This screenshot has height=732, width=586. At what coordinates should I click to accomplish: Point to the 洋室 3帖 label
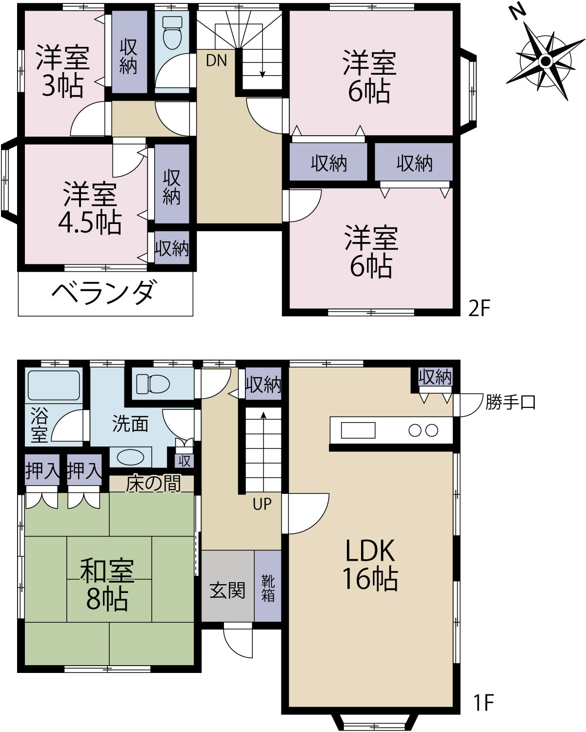coord(62,71)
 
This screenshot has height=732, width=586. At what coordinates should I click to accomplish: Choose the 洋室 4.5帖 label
coord(90,208)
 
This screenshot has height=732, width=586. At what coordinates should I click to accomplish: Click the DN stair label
coord(216,61)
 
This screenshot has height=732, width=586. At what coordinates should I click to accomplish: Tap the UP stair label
coord(262,504)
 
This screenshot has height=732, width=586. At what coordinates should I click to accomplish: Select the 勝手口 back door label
coord(510,403)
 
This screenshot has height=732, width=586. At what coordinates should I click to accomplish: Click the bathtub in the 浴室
coord(54,385)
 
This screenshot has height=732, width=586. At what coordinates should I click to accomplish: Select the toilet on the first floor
coord(153,384)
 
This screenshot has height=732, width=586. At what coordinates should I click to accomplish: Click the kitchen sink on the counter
coord(358,430)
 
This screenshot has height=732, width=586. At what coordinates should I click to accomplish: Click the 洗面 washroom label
coord(130,424)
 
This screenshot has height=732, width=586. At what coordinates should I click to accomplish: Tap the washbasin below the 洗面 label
coord(130,457)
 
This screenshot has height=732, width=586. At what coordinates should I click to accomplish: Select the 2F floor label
coord(479,309)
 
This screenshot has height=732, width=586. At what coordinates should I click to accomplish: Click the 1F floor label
coord(484,702)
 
